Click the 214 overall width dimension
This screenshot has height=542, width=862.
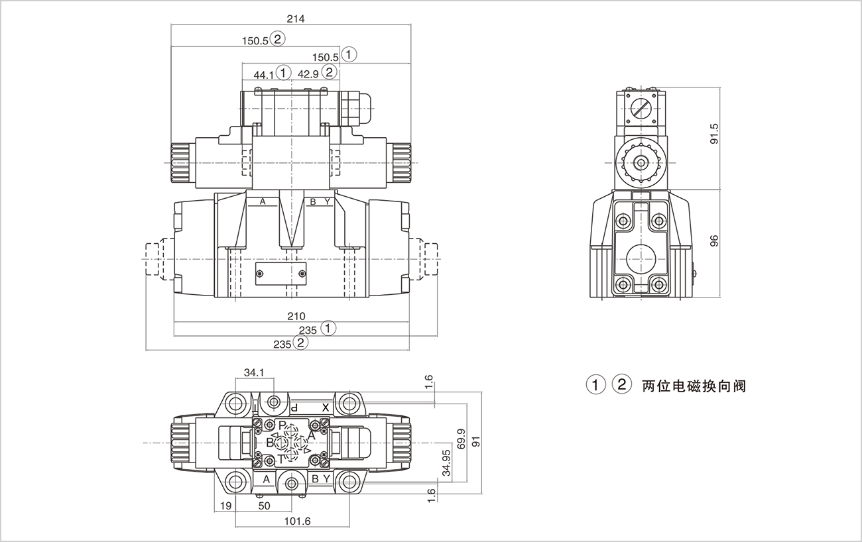click(296, 19)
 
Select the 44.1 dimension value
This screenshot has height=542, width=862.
click(264, 75)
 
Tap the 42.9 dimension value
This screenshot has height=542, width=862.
click(308, 74)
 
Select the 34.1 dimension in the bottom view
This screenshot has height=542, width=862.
click(254, 372)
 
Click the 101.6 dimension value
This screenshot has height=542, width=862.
click(297, 521)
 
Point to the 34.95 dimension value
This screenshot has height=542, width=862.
click(446, 462)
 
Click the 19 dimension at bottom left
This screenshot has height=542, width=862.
click(225, 506)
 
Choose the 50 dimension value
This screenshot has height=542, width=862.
click(264, 506)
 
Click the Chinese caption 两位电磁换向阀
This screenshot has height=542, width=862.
click(694, 386)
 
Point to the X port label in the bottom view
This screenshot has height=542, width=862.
click(326, 407)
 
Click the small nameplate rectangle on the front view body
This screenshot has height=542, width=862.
click(280, 273)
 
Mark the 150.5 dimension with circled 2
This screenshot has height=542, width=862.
click(255, 40)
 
